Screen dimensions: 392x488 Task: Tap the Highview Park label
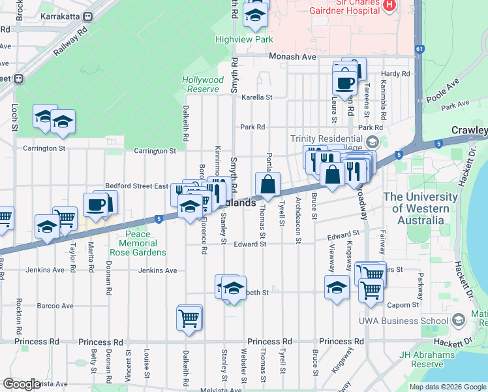(x=244, y=40)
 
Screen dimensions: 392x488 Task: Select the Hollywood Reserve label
(x=202, y=84)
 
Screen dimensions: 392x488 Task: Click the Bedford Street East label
(x=136, y=186)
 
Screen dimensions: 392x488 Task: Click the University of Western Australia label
(x=420, y=208)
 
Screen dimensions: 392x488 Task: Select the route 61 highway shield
(x=418, y=48)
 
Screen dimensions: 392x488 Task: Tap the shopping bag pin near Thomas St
(x=268, y=184)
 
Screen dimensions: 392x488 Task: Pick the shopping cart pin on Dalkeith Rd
(x=189, y=319)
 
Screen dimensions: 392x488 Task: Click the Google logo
(x=22, y=384)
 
